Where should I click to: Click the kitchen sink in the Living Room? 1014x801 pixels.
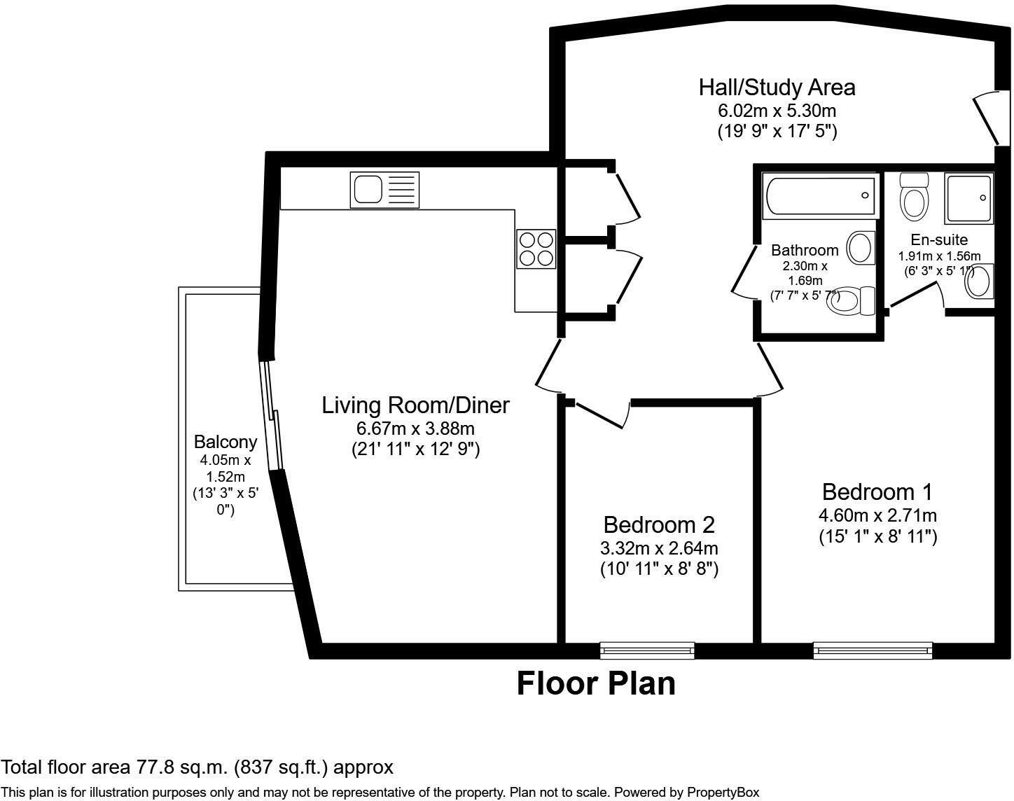[384, 190]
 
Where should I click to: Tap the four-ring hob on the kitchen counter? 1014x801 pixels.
[536, 249]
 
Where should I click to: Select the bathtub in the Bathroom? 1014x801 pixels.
[820, 196]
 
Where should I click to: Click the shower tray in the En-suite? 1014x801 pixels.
[968, 198]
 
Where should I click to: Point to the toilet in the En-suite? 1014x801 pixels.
[914, 197]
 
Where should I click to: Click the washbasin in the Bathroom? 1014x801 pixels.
[861, 248]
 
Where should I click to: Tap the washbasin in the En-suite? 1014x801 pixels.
[980, 281]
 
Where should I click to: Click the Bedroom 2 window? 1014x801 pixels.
[647, 650]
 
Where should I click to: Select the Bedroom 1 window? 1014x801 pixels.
[873, 650]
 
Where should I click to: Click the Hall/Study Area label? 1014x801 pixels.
[777, 88]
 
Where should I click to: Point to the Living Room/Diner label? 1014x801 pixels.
[415, 405]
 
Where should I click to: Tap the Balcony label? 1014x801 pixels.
[225, 442]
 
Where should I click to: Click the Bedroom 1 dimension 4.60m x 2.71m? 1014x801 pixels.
[877, 516]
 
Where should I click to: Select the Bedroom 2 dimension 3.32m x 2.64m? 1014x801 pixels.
[659, 548]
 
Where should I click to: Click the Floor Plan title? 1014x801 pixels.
[596, 683]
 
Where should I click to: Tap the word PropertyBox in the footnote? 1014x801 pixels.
[723, 793]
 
